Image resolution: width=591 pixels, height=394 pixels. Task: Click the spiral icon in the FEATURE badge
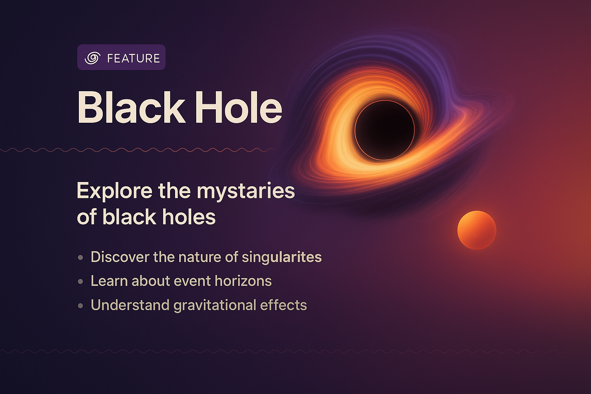point(92,58)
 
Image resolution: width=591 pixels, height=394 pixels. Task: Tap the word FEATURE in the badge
point(133,58)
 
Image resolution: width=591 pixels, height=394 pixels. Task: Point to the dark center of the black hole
point(384,130)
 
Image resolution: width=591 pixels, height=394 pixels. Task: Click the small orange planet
point(477,230)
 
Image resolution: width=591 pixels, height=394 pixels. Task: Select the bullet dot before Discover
point(80,257)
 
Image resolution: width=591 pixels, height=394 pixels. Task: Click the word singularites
point(282,257)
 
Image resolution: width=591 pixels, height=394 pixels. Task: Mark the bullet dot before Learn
point(80,282)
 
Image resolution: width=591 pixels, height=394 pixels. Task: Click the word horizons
point(243,281)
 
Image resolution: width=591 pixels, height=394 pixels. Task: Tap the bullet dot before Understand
point(80,306)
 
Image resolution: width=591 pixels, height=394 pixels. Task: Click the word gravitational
point(215,306)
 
